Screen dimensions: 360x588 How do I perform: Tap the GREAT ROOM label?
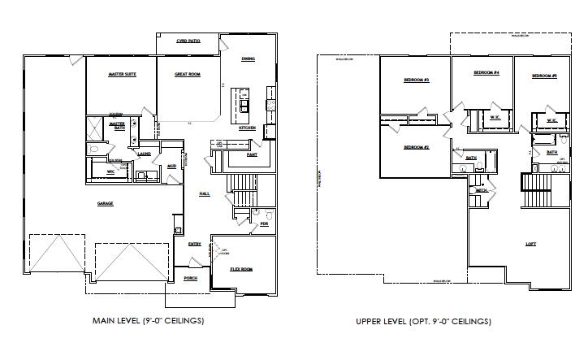[x=188, y=74]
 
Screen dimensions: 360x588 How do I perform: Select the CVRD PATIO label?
[x=188, y=40]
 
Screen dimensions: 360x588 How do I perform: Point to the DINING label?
[x=249, y=59]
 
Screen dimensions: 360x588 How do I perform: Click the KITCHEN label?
[x=247, y=128]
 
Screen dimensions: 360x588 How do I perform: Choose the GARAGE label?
[x=105, y=202]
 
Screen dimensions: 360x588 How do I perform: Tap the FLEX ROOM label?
[x=241, y=267]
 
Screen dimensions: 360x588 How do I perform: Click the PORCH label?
[x=190, y=278]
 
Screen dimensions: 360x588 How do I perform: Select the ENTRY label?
[x=195, y=244]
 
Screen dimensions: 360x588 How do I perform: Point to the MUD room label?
[x=171, y=166]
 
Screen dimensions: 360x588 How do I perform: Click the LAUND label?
[x=145, y=153]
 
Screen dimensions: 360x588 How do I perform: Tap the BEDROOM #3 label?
[x=416, y=80]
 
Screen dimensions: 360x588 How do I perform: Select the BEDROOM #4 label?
[x=486, y=73]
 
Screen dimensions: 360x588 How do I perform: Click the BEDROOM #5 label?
[x=544, y=76]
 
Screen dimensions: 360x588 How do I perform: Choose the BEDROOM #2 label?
[x=416, y=147]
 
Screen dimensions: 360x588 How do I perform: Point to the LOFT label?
[x=530, y=243]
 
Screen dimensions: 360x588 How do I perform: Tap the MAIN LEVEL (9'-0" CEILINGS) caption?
[x=148, y=321]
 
